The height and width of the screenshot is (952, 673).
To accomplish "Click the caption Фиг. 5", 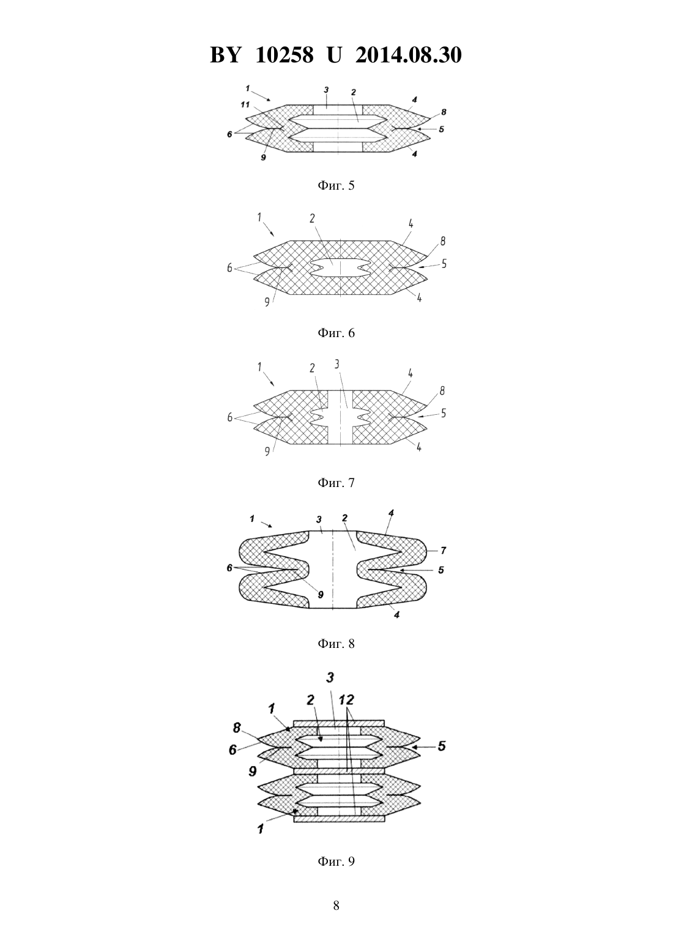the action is click(x=336, y=186).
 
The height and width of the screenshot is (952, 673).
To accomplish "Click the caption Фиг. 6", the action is click(x=336, y=333).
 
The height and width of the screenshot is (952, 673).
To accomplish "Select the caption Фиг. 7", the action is click(x=336, y=483).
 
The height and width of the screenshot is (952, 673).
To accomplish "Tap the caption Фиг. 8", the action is click(x=336, y=644).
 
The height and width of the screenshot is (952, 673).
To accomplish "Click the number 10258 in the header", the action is click(x=284, y=55).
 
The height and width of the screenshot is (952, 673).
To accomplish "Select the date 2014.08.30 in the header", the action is click(x=408, y=55).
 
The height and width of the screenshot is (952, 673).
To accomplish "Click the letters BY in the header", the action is click(x=225, y=55).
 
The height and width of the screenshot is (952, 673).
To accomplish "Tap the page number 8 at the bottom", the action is click(x=336, y=906).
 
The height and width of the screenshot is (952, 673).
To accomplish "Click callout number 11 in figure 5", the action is click(x=245, y=105).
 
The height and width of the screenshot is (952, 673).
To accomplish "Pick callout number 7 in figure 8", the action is click(x=443, y=551).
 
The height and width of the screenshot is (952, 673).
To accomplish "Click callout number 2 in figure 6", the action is click(x=312, y=218).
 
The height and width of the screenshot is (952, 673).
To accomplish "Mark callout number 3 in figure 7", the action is click(x=337, y=364).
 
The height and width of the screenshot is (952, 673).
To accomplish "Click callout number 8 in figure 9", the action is click(x=237, y=728).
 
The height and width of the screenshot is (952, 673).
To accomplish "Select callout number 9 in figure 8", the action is click(x=321, y=595).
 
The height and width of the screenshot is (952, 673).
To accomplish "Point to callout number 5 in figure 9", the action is click(x=442, y=746).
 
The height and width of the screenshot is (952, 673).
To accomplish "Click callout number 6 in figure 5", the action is click(x=229, y=135).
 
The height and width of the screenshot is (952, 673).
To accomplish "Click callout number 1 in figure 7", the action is click(x=259, y=366).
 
